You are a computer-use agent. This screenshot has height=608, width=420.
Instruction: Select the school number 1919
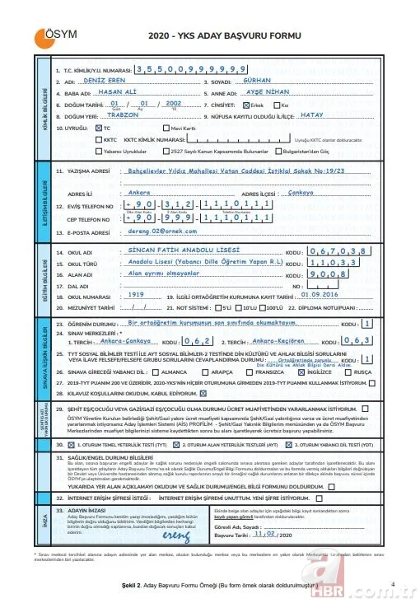click(x=137, y=293)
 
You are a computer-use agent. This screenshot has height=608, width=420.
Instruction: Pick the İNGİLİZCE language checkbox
click(x=301, y=372)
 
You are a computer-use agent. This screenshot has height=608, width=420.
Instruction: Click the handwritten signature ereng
click(x=176, y=537)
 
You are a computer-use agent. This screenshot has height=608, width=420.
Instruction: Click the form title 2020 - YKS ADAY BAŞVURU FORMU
click(x=211, y=38)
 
